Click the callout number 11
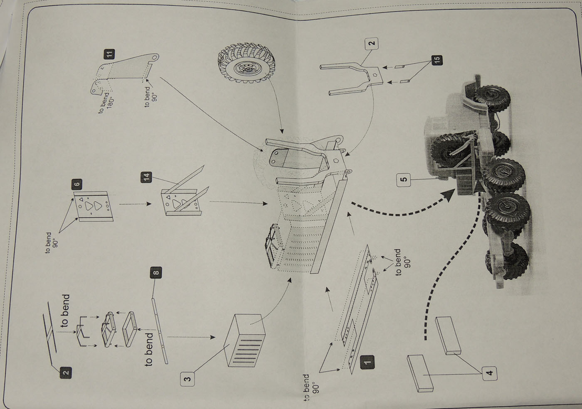pos(109,54)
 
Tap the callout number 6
pos(77,184)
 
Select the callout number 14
pos(146,177)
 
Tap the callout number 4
pos(490,372)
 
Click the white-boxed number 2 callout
pos(371,43)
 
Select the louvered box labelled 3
pos(245,340)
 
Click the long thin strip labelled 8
pos(160,328)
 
